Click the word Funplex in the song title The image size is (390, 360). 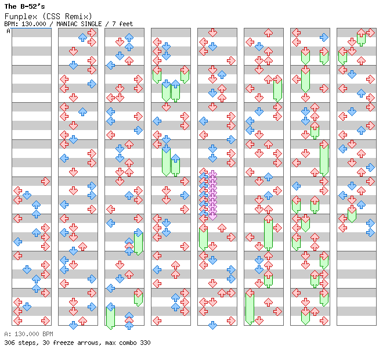coord(21,17)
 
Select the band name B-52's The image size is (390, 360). coord(32,6)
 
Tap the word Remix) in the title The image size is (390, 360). coord(78,17)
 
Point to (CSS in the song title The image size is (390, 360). coord(51,17)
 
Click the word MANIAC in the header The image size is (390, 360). coord(67,24)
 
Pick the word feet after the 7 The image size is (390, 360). coord(126,24)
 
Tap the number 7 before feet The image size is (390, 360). coord(114,24)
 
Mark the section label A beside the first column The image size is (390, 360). coord(9,31)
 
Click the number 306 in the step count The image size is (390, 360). coord(9,343)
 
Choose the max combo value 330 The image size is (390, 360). coord(145,343)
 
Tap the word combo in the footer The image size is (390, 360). coord(128,343)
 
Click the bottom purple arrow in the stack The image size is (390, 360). coord(212,215)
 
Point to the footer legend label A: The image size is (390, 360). coord(8,334)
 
